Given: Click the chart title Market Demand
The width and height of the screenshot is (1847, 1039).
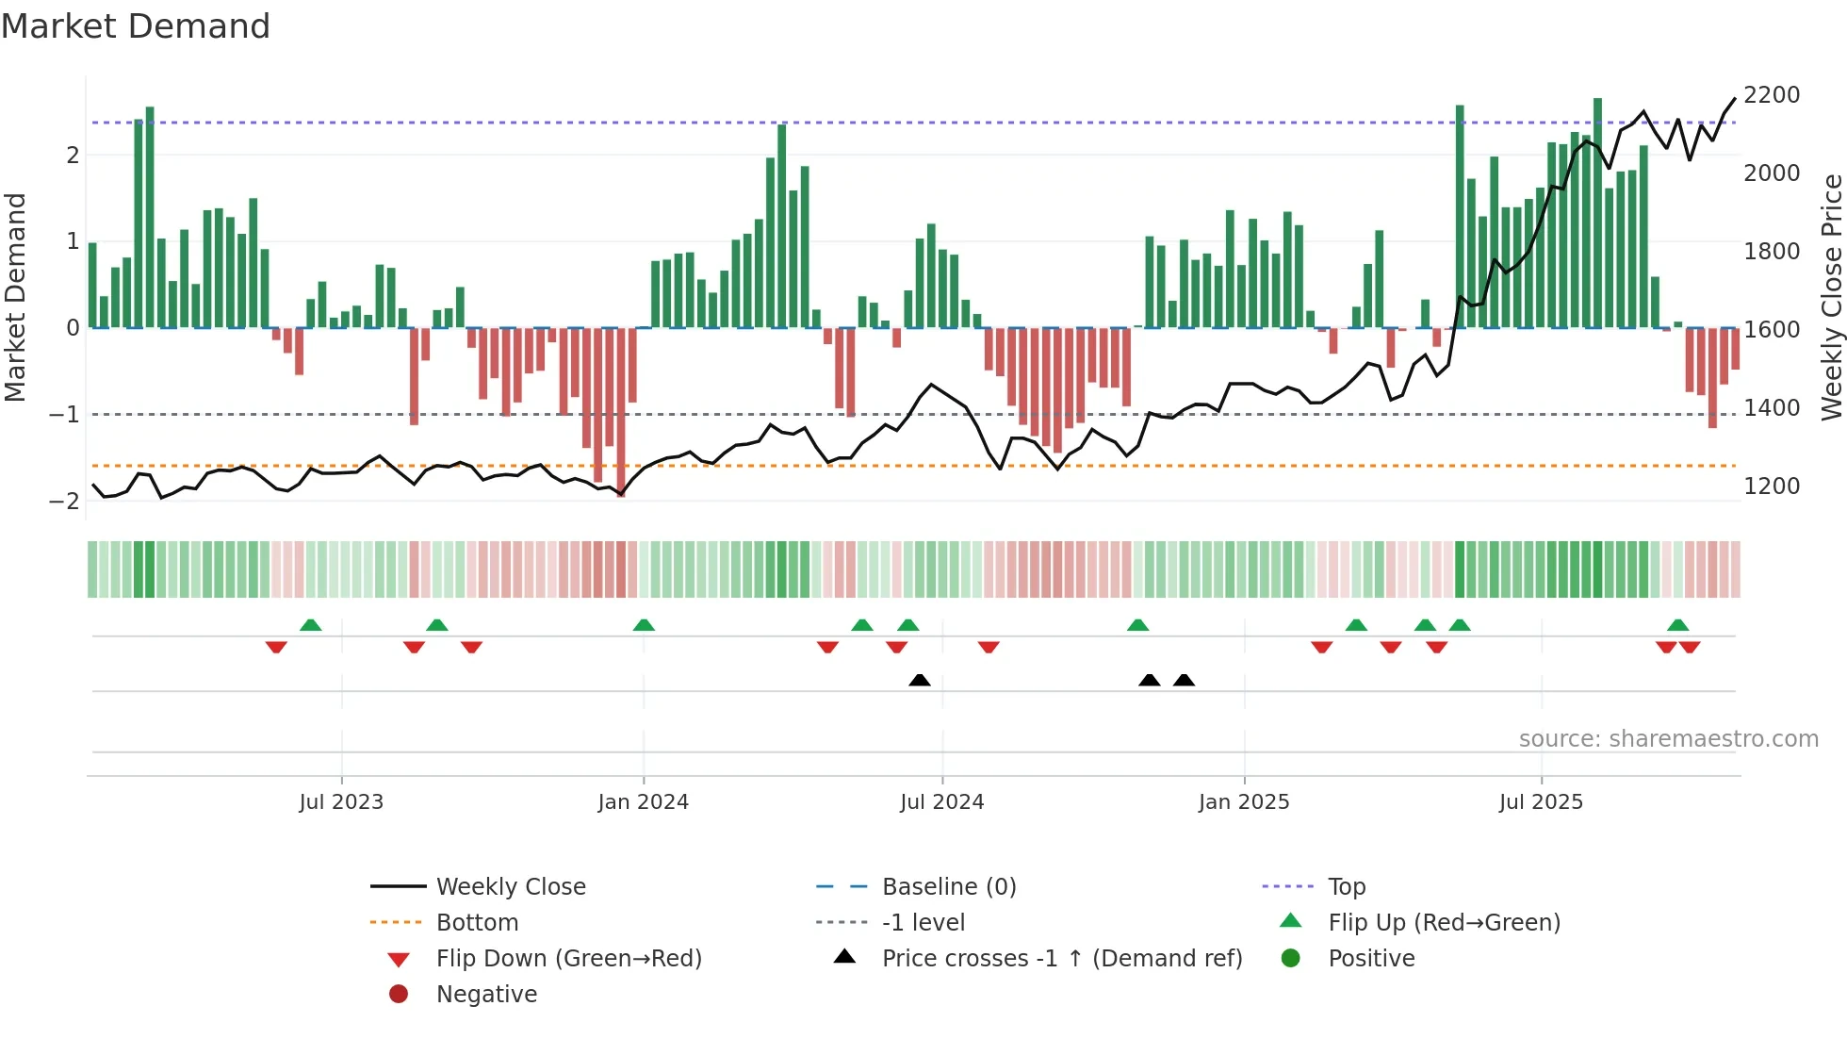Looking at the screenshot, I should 136,26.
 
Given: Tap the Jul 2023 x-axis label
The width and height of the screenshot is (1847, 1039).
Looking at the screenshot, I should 341,802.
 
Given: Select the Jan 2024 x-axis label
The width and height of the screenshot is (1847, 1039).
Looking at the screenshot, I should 644,802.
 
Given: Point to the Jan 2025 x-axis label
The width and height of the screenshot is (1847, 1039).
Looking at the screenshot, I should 1244,802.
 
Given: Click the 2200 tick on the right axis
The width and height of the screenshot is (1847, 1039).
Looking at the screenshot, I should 1772,95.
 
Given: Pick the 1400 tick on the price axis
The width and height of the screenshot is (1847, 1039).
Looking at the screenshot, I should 1772,408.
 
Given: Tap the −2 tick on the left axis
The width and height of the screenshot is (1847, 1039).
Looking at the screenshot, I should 65,502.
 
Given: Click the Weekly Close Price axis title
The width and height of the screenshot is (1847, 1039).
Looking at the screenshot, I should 1831,297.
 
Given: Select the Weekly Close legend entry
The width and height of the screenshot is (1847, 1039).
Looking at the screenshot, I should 511,887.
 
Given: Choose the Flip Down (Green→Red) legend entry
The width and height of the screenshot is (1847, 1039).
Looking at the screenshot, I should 568,959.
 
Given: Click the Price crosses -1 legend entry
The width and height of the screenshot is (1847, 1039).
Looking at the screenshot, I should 1062,959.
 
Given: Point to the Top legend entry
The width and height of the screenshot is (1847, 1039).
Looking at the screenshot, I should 1347,887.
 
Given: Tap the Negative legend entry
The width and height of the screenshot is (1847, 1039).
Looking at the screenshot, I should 486,995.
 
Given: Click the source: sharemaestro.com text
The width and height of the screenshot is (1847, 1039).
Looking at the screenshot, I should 1668,739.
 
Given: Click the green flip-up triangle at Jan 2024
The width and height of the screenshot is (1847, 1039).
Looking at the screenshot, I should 644,625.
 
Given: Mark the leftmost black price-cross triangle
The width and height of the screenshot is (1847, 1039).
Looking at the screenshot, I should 920,680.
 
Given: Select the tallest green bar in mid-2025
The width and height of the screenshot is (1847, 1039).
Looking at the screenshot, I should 1597,212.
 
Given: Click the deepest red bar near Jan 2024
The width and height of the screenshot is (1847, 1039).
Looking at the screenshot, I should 621,412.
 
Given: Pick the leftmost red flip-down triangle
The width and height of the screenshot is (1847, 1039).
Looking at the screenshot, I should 276,647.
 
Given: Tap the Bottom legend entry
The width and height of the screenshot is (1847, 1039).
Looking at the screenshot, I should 477,923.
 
